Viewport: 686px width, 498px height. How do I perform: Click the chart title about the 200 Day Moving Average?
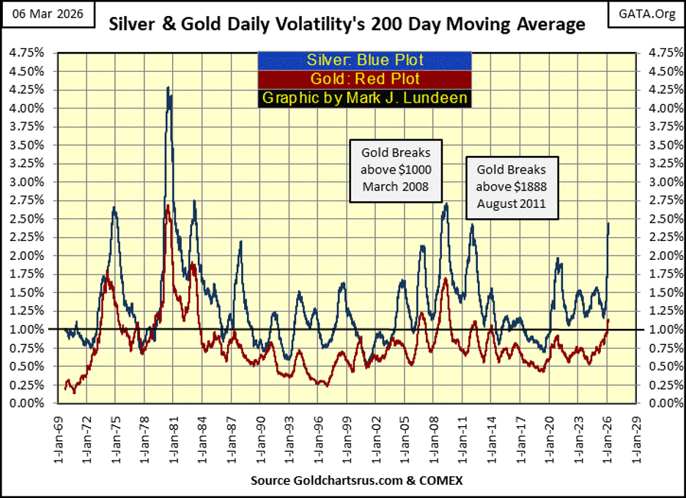point(347,24)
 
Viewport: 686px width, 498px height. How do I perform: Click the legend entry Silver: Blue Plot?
point(364,60)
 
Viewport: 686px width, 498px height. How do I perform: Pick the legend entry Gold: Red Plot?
point(364,79)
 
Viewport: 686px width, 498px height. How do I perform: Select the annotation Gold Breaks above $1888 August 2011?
point(511,187)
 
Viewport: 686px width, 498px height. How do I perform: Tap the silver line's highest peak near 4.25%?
point(169,88)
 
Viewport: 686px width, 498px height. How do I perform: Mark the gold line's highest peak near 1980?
point(168,206)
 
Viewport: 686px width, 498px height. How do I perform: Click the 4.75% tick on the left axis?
point(24,53)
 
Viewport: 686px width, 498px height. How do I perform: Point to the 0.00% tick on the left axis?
point(24,404)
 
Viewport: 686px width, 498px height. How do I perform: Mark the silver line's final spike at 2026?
point(609,224)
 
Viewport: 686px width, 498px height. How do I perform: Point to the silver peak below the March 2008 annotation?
point(446,204)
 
